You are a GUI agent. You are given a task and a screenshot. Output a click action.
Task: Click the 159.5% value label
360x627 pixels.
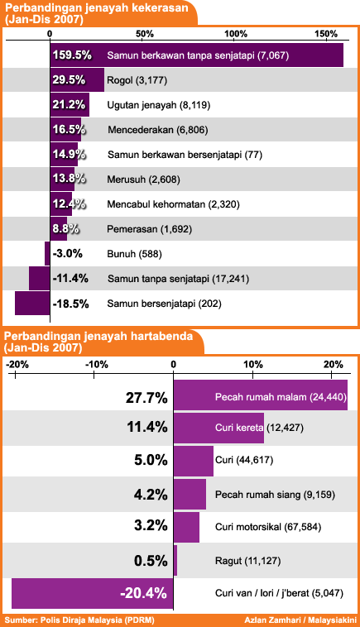tap(72, 55)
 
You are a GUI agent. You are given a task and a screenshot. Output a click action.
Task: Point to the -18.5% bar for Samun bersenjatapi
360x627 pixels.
tap(32, 303)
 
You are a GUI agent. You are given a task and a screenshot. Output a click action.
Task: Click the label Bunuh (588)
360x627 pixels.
tap(134, 254)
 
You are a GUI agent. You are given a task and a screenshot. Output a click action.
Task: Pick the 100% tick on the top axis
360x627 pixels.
tap(235, 40)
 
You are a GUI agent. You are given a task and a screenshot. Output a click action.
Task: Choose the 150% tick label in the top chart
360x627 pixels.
tap(325, 34)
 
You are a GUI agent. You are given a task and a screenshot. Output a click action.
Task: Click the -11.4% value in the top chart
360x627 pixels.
tap(70, 278)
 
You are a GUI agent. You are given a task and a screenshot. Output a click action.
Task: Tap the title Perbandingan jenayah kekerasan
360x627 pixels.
tap(96, 7)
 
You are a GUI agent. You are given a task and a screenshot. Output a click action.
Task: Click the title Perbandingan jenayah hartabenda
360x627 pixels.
tap(98, 336)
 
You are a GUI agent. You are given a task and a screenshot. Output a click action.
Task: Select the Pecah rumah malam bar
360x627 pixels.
tap(261, 395)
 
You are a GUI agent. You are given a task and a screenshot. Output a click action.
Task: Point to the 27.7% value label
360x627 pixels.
tap(146, 398)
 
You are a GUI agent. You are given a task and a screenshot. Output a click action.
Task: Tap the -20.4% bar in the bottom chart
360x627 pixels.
tap(93, 593)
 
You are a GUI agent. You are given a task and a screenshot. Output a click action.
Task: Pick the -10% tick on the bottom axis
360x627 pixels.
tap(94, 375)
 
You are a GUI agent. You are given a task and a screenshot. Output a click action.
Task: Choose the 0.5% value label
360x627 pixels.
tap(151, 561)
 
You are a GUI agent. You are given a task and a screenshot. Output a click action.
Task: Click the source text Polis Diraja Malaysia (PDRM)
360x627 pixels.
tap(97, 620)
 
